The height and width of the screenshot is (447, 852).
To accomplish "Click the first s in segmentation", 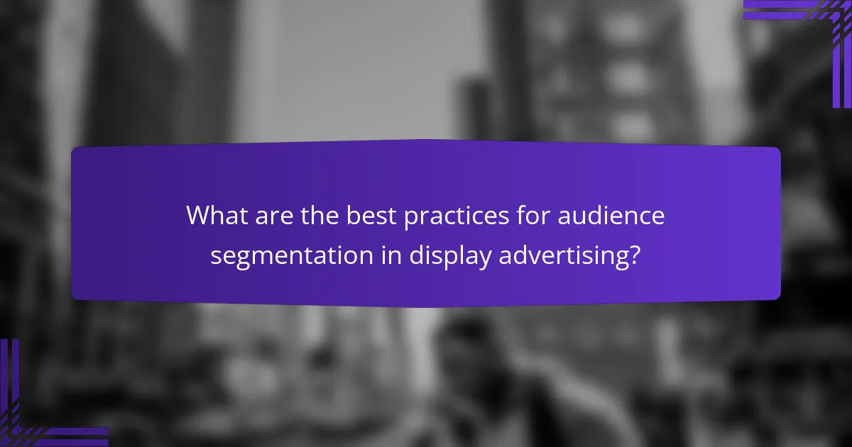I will pyautogui.click(x=216, y=257).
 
